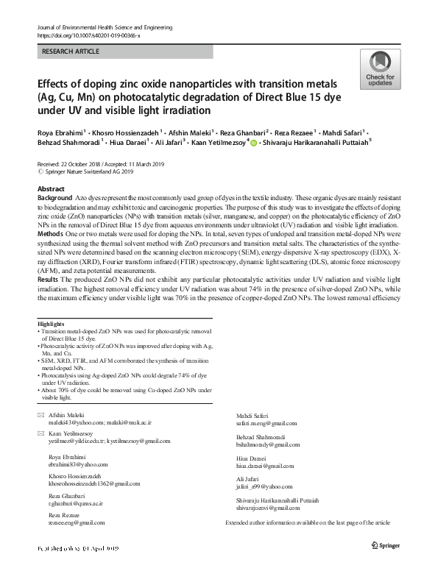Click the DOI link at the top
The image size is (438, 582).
[88, 35]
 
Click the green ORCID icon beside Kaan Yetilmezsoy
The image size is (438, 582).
[255, 143]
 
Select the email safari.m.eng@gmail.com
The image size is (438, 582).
[266, 424]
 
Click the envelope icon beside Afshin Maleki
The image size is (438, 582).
[40, 416]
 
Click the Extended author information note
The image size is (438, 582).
[307, 522]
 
